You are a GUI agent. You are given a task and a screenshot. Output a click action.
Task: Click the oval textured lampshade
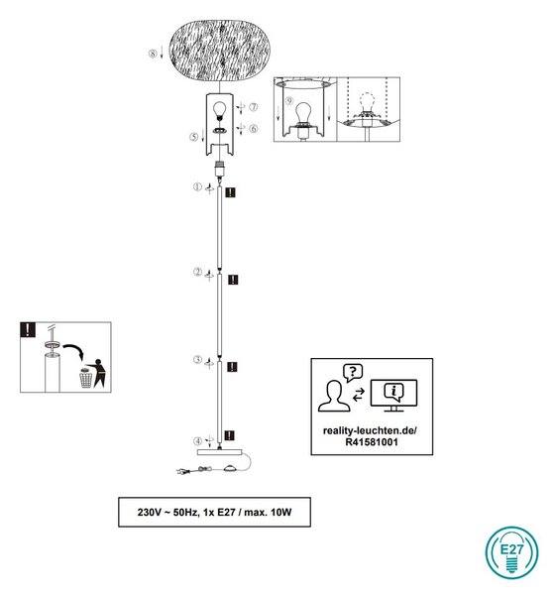219,51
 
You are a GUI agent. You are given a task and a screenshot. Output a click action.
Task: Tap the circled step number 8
153,54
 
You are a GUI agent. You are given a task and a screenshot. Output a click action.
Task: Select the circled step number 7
254,107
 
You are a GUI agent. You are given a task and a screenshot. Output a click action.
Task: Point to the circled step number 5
194,137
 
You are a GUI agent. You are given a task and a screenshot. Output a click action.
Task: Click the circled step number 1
197,186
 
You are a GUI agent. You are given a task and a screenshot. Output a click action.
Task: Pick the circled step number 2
197,272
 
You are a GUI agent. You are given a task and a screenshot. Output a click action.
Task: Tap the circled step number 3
197,359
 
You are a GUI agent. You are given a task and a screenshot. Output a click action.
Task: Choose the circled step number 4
197,441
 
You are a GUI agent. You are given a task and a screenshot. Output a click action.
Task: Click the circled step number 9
289,100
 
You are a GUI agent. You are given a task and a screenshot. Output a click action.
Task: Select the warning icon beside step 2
233,280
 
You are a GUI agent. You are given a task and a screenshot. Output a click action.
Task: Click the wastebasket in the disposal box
85,378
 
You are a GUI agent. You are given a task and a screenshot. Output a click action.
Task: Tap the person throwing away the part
98,373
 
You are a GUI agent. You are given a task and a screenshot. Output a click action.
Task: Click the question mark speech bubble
353,372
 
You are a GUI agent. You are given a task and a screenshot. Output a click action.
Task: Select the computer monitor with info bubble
393,395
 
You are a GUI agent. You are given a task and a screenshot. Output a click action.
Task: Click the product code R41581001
372,442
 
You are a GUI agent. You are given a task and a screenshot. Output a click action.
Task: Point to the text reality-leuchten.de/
370,430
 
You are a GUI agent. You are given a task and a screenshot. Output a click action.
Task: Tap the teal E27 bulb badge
511,552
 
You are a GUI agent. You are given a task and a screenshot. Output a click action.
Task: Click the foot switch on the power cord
230,468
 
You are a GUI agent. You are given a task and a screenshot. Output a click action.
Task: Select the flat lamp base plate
220,452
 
